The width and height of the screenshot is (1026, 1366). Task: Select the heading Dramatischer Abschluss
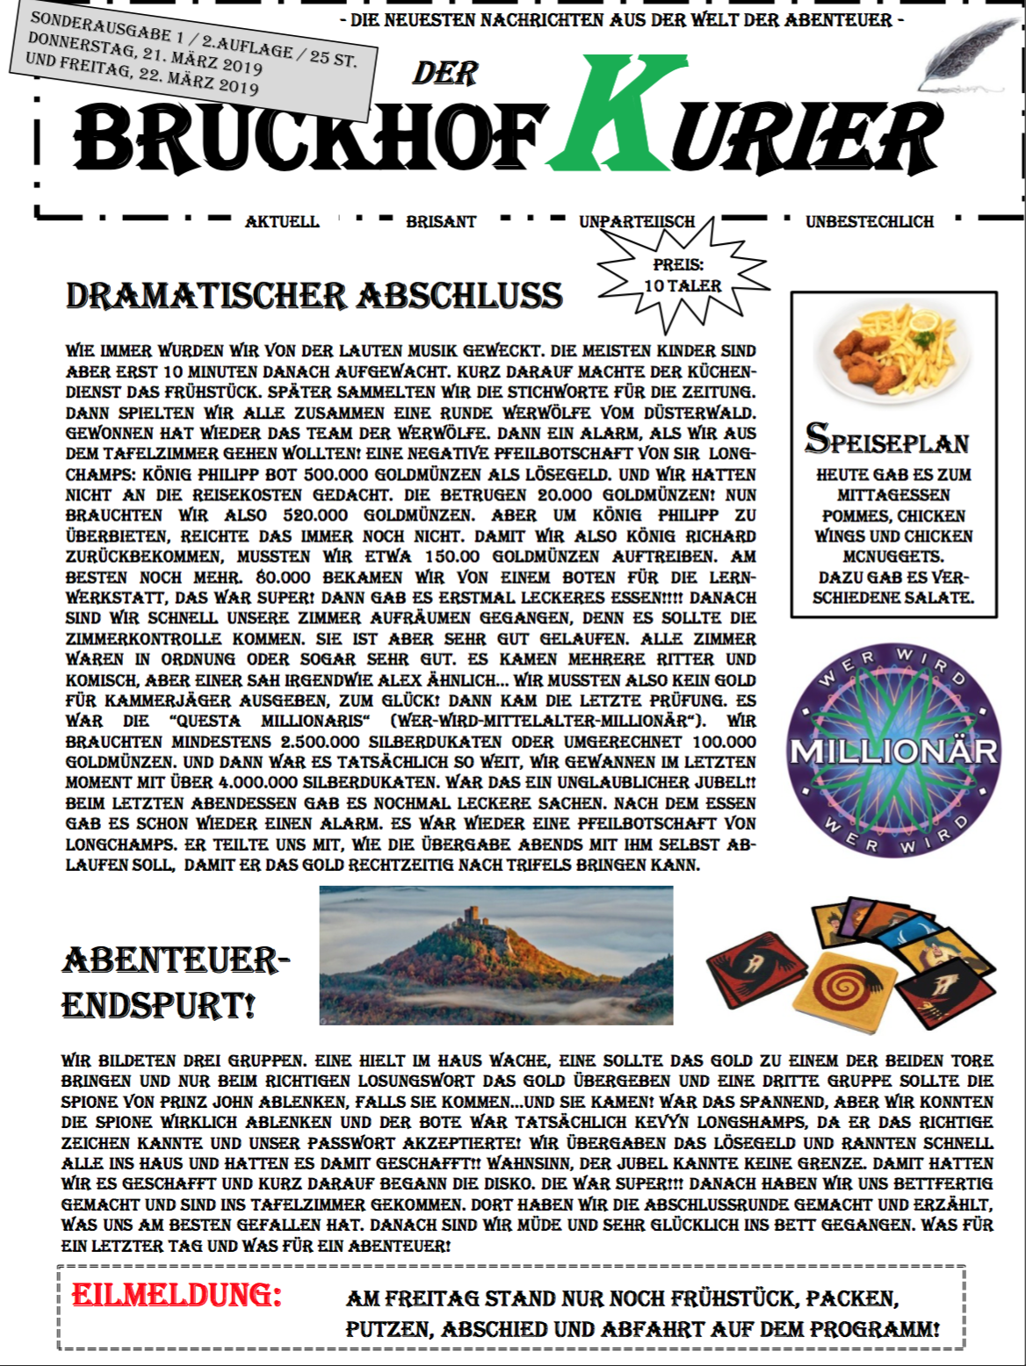pos(314,296)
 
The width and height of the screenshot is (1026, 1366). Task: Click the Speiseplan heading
pos(887,438)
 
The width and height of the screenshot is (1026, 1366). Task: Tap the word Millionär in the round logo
pos(893,752)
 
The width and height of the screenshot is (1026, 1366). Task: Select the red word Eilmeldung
pos(177,1295)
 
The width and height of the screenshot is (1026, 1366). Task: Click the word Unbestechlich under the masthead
pos(870,222)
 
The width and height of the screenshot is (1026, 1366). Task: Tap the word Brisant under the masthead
pos(441,222)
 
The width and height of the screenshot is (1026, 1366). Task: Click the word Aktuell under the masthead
pos(282,222)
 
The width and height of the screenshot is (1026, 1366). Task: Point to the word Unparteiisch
pos(636,222)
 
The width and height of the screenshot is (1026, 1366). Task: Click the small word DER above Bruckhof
pos(444,74)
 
